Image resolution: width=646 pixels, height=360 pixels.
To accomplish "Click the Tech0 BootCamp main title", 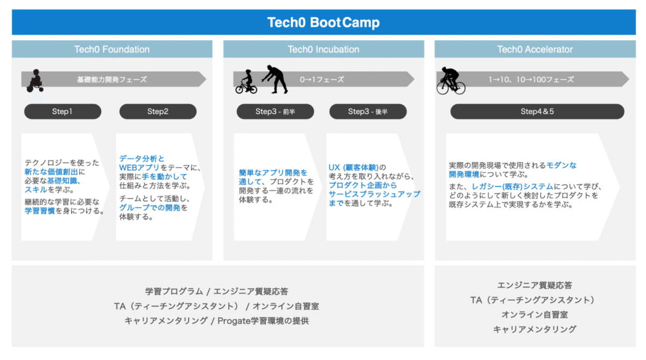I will click(323, 23).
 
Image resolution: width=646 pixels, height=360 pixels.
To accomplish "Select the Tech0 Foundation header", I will click(112, 50).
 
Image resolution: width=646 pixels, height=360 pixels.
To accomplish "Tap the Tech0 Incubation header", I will click(323, 50).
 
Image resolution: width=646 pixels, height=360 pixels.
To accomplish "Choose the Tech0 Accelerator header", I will click(535, 50).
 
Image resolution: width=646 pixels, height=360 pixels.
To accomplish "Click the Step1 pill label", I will click(62, 111).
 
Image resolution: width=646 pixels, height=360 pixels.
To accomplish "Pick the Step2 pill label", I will click(158, 111).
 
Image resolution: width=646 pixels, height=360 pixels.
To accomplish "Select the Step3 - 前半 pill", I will click(275, 111).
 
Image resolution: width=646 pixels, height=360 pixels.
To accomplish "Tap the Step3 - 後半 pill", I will click(368, 111).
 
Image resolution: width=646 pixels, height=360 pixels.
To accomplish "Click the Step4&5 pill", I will click(537, 111).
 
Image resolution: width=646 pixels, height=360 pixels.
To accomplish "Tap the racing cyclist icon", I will click(451, 81).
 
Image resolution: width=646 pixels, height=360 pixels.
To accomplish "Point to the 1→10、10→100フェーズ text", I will click(531, 80).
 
